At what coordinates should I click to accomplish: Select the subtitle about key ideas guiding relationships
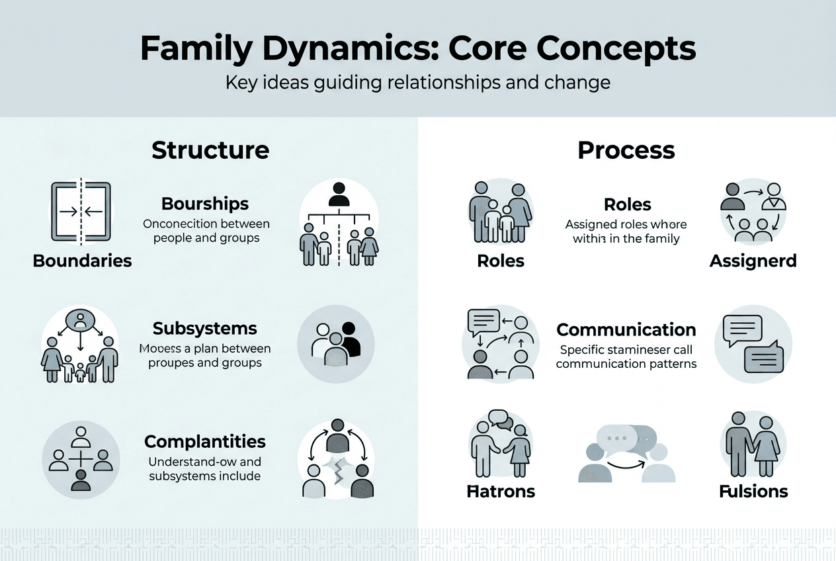click(417, 83)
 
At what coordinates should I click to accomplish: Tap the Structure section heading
click(210, 150)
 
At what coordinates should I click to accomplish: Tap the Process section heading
click(626, 150)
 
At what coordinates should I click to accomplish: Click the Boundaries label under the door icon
click(82, 261)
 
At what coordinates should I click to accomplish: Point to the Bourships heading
click(205, 203)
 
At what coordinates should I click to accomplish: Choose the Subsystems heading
click(205, 328)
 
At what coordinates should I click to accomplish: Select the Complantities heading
click(205, 441)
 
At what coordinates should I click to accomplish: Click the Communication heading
click(626, 329)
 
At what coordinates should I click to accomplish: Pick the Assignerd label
click(753, 261)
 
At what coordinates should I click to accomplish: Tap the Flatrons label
click(501, 492)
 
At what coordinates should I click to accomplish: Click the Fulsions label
click(753, 492)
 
